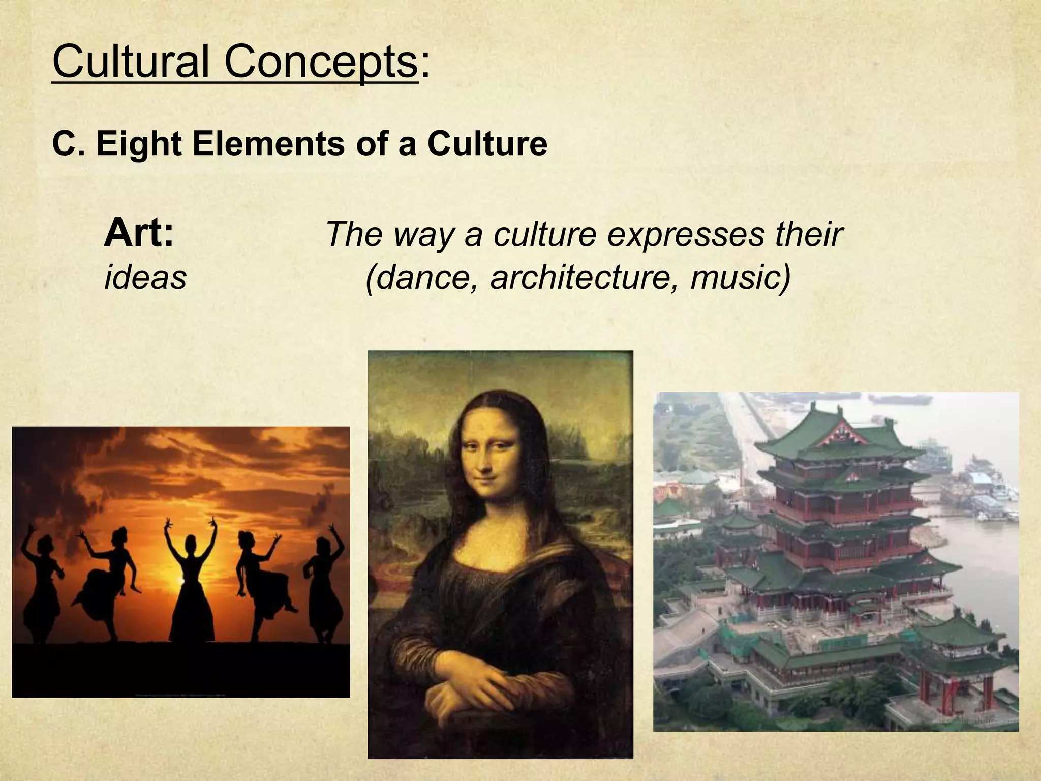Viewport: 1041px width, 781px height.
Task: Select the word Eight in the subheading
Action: click(x=139, y=144)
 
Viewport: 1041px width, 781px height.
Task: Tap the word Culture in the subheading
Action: click(x=487, y=144)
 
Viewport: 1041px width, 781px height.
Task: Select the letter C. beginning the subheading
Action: click(x=64, y=144)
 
